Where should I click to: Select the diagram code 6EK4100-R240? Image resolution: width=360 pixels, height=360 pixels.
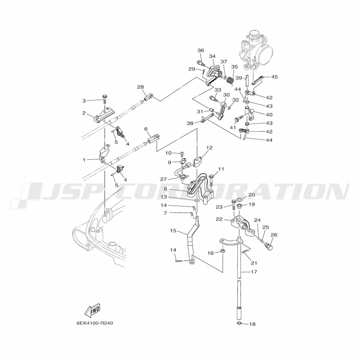[95, 323]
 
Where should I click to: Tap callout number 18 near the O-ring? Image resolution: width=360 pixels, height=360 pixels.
[252, 324]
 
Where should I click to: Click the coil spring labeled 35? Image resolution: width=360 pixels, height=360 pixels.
[230, 81]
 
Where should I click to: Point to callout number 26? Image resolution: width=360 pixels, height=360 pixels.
[274, 235]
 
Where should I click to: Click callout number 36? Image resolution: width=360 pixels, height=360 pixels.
[201, 50]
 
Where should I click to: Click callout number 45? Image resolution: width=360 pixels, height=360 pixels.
[274, 77]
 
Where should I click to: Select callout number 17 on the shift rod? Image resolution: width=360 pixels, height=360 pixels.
[254, 272]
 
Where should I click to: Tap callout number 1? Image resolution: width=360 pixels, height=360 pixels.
[84, 159]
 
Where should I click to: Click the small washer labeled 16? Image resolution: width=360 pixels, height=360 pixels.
[222, 251]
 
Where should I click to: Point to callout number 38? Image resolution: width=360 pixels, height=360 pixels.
[190, 123]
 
